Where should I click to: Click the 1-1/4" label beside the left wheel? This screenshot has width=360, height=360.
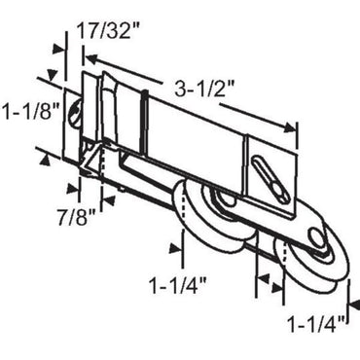[180, 288]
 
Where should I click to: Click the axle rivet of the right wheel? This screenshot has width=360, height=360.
[317, 239]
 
